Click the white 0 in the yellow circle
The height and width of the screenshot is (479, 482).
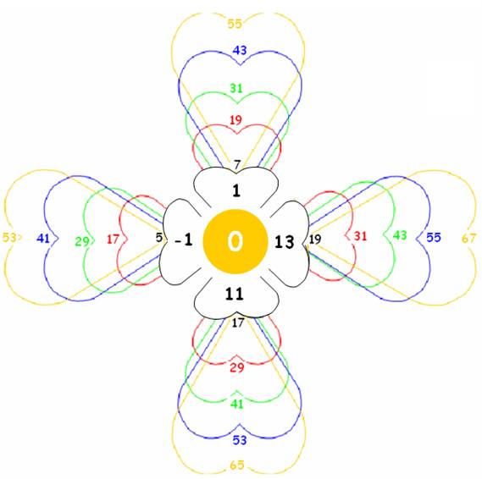coord(235,241)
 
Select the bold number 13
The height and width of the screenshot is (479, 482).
coord(285,242)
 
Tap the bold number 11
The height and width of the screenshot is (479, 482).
coord(235,294)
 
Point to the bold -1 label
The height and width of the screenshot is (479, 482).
coord(184,239)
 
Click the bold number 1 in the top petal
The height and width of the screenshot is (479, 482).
coord(236,190)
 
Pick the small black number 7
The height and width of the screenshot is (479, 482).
coord(236,165)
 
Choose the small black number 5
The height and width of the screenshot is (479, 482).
coord(158,237)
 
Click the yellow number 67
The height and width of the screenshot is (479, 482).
coord(468,239)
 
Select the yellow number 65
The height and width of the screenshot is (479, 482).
coord(237,465)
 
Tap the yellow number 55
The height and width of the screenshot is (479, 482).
coord(235,24)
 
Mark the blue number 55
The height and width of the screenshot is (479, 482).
coord(434,237)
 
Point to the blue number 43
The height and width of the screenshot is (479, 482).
coord(240,50)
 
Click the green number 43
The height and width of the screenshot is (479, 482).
coord(400,235)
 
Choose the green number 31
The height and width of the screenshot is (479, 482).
coord(236,88)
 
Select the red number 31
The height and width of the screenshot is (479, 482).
coord(360,236)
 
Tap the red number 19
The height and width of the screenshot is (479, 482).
coord(235,120)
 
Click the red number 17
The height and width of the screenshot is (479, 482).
coord(113,239)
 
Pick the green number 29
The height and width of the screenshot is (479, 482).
coord(82,242)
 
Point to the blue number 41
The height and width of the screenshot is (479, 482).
coord(43,239)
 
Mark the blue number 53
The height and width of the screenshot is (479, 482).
coord(240,440)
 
